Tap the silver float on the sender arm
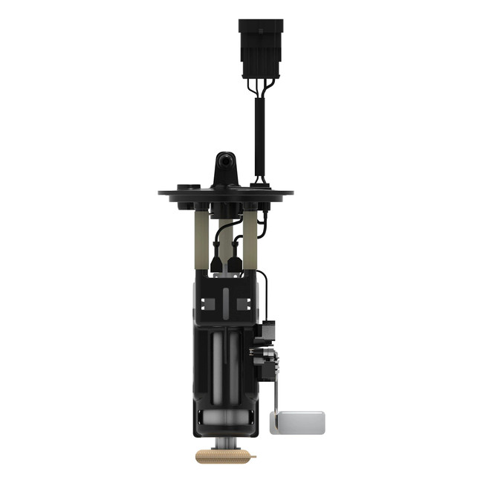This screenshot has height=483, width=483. tap(297, 422)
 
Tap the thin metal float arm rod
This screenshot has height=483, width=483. tap(276, 379)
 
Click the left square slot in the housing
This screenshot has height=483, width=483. tap(208, 304)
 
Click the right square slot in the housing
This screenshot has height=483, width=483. tap(242, 304)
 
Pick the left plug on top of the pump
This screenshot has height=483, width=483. tap(216, 264)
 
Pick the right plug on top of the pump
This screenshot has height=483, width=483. tap(236, 264)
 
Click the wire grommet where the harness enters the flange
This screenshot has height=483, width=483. tap(260, 181)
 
